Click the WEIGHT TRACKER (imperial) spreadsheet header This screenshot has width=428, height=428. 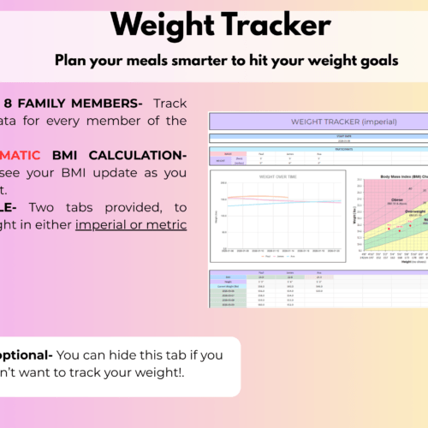point(318,122)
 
